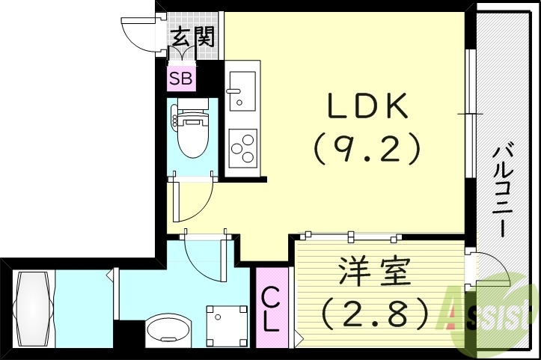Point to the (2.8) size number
[375, 314]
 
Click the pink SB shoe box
[180, 77]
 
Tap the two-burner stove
[242, 147]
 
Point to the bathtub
[33, 307]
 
